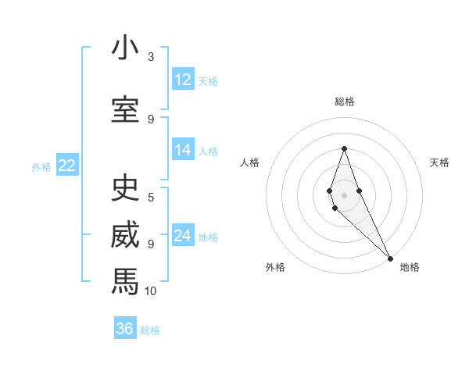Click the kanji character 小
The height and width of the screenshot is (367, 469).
[125, 48]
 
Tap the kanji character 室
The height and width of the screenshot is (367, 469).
[125, 109]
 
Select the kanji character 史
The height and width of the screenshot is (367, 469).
[125, 188]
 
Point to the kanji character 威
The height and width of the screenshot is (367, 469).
[125, 236]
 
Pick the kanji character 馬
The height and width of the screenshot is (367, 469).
[125, 280]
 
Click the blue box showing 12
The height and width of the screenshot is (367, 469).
[183, 80]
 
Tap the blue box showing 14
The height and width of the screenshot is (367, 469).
[183, 151]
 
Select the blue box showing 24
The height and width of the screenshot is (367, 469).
[183, 237]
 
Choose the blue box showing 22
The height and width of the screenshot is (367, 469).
[67, 166]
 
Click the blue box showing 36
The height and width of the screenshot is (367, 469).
[125, 329]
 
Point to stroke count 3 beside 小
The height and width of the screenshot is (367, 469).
[151, 57]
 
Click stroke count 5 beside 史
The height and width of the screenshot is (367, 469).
[151, 197]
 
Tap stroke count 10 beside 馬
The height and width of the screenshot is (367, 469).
[151, 290]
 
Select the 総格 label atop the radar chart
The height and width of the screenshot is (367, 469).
[344, 102]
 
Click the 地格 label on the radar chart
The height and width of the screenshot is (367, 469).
[410, 267]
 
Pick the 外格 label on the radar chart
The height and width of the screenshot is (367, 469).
[275, 267]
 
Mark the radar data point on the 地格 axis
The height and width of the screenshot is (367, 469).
[390, 258]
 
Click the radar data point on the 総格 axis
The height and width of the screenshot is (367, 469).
[344, 148]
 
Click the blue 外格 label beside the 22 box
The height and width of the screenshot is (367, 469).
[41, 166]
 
